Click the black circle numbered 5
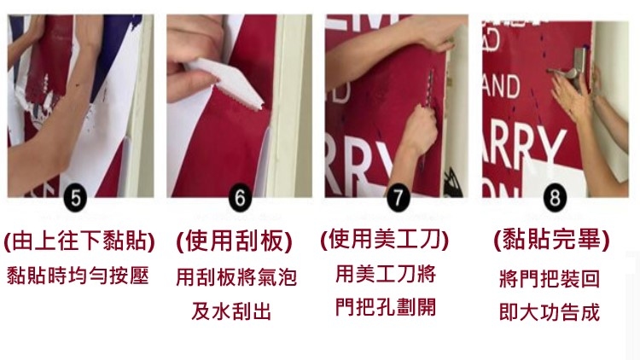pos(75,198)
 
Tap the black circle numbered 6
pos(240,198)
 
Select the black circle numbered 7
pos(398,198)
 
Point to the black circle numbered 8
pos(555,198)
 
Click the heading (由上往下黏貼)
pos(79,241)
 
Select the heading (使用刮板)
pos(235,241)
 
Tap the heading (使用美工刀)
pos(384,239)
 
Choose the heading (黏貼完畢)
pos(551,239)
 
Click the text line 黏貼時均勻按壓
pos(78,276)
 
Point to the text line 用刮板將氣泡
pos(236,277)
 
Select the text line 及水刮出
pos(231,312)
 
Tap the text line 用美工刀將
pos(386,274)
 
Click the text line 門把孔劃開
pos(386,307)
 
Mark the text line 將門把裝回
pos(550,279)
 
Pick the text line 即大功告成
pos(550,312)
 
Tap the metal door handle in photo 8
pos(568,68)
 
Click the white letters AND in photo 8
pos(501,87)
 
